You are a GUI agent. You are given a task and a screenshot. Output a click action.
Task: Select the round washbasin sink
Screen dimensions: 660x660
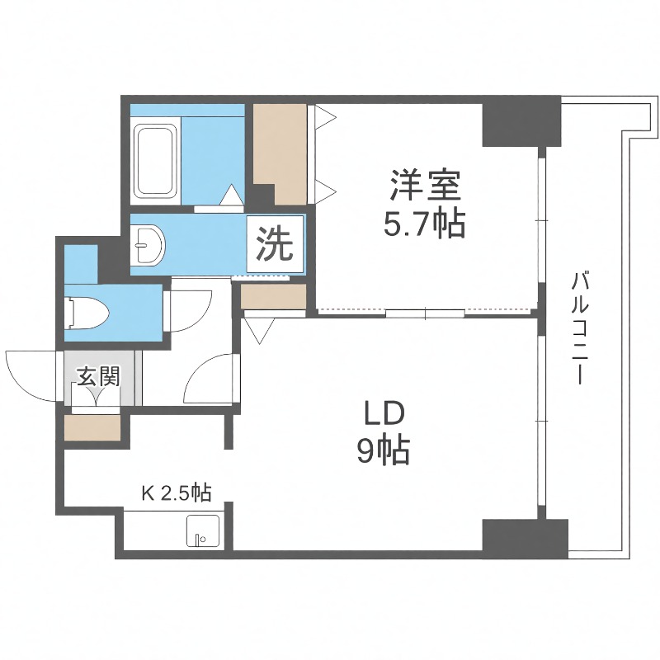point(151,245)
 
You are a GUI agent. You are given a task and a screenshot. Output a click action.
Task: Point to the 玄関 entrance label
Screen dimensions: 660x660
point(99,377)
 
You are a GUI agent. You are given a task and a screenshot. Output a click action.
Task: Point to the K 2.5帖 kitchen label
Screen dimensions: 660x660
point(177,494)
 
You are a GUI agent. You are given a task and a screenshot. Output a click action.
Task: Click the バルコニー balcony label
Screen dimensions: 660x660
point(581,330)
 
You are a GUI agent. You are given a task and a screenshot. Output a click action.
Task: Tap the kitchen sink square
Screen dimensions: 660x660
point(201,531)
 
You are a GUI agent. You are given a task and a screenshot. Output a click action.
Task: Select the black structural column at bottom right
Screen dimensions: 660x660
point(525,537)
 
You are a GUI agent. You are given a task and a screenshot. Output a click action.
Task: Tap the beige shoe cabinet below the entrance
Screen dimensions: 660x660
point(93,427)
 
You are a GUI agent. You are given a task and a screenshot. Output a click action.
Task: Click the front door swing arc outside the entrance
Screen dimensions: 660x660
point(31,375)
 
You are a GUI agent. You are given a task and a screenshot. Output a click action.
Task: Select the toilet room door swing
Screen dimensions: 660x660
point(186,309)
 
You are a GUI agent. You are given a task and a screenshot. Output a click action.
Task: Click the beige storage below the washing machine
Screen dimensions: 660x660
point(273,296)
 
